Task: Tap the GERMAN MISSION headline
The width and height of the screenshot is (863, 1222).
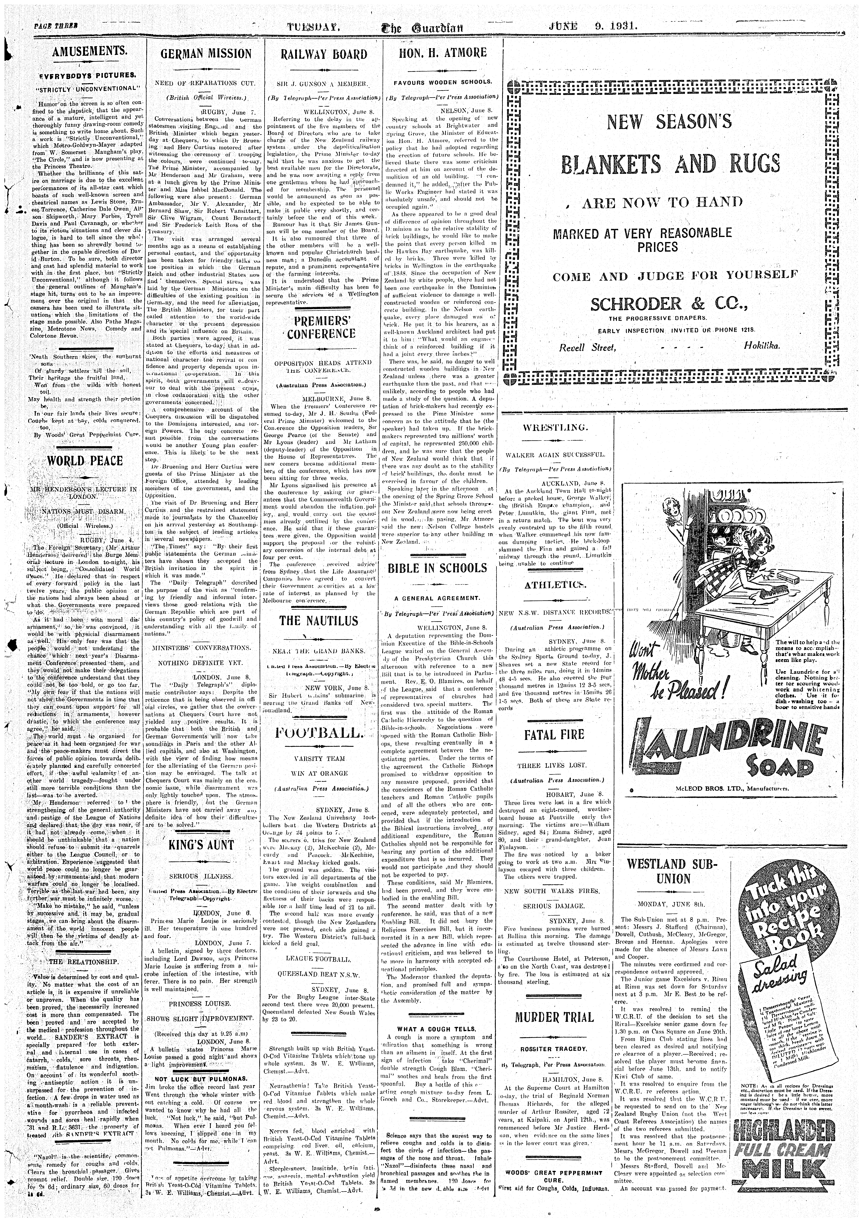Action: point(206,54)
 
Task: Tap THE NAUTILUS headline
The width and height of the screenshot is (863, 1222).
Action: point(319,621)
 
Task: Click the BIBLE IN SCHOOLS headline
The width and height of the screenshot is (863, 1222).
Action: point(437,568)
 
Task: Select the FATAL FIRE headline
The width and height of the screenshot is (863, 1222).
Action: point(554,735)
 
